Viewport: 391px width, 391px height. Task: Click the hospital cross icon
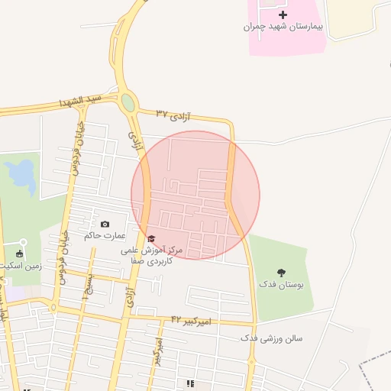283,15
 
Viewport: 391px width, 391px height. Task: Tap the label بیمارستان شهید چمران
283,27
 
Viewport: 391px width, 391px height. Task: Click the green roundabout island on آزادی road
128,102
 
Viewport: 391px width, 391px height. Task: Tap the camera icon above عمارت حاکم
105,224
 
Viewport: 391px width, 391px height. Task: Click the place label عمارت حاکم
105,235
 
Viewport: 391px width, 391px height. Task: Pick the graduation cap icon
150,238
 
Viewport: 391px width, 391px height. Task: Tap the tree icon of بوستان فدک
283,272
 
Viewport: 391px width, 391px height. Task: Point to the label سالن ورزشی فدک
271,337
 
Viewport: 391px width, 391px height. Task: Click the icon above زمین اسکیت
19,254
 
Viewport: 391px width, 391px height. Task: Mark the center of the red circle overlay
195,195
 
